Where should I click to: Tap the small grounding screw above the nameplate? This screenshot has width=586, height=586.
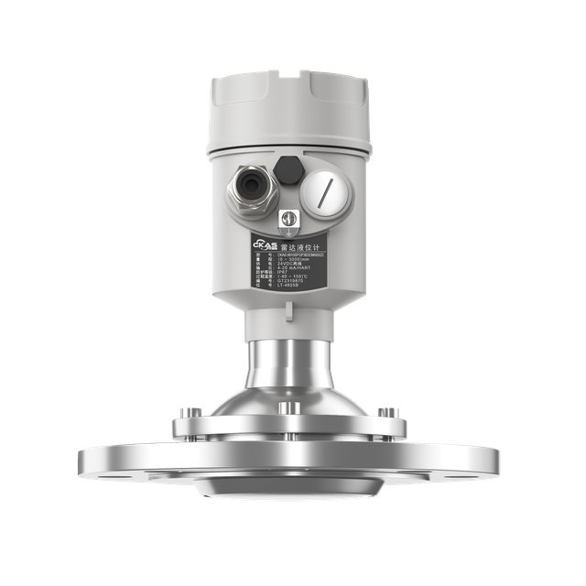click(287, 219)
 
